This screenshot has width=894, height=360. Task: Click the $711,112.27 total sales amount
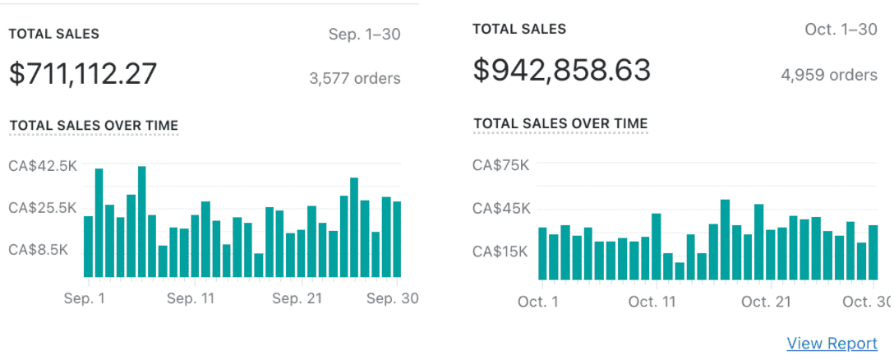[83, 74]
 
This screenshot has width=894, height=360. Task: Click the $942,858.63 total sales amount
[562, 71]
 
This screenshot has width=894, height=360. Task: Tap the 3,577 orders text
[355, 79]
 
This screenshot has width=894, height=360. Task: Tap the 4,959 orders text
[829, 76]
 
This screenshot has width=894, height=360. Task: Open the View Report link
[832, 344]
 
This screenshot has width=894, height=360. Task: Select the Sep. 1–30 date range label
[364, 35]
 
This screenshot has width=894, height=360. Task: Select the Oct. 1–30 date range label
[841, 30]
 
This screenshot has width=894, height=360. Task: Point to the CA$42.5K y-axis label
[43, 165]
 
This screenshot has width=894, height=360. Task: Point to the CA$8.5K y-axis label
[38, 250]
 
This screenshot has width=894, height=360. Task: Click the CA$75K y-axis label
[501, 165]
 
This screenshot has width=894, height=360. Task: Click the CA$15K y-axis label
[501, 252]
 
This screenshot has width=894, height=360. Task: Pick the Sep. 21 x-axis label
[297, 299]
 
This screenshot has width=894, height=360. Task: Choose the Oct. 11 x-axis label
[652, 302]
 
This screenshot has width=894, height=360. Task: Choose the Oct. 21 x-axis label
[766, 302]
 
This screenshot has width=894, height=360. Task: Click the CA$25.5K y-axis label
[43, 208]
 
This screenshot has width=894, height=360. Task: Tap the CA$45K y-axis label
[501, 209]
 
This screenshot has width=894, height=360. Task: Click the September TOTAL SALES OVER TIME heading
[94, 126]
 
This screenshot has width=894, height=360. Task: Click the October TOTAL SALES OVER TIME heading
[560, 124]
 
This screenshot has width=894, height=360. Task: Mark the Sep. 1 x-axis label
[85, 299]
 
